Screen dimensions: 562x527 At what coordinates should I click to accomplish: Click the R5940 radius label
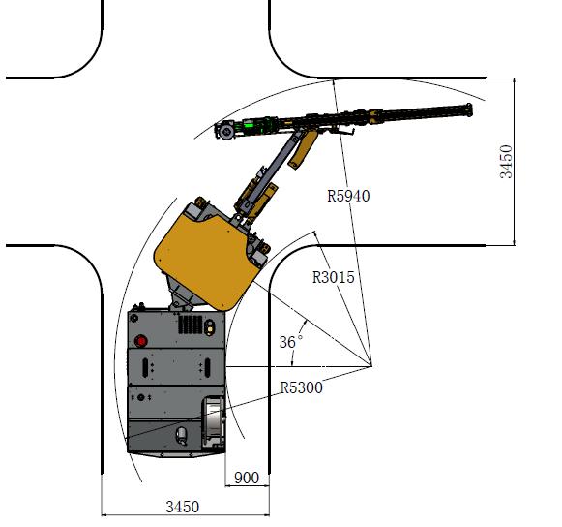[348, 196]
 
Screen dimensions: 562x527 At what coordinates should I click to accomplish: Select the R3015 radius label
[334, 277]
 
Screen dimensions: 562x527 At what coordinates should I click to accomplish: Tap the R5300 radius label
[301, 387]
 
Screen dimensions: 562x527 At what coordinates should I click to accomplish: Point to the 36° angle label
[291, 342]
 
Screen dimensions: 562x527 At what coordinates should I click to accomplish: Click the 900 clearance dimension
[247, 478]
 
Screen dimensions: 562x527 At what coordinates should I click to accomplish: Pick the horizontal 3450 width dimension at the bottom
[183, 507]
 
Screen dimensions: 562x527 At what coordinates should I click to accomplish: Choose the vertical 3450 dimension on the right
[506, 162]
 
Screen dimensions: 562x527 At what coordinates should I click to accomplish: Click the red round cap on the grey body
[141, 341]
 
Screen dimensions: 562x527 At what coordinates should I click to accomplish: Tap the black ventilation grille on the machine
[191, 325]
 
